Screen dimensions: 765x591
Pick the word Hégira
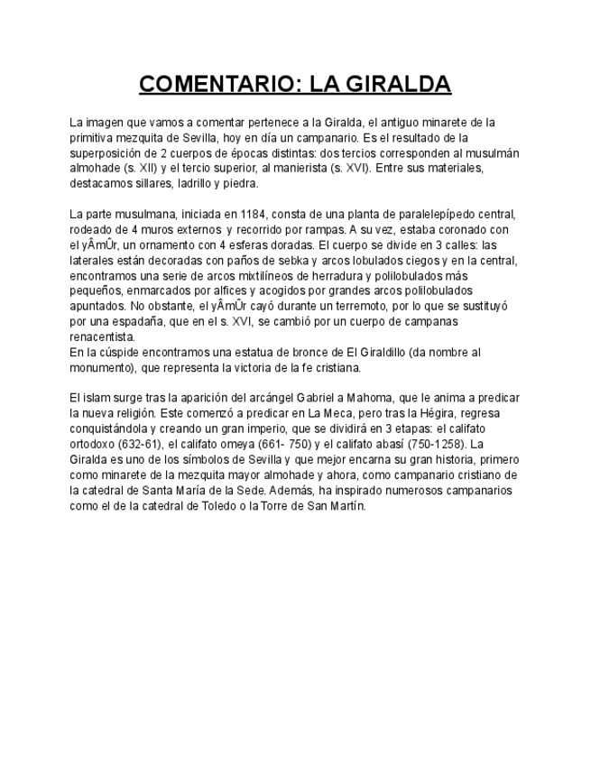tap(422, 414)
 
